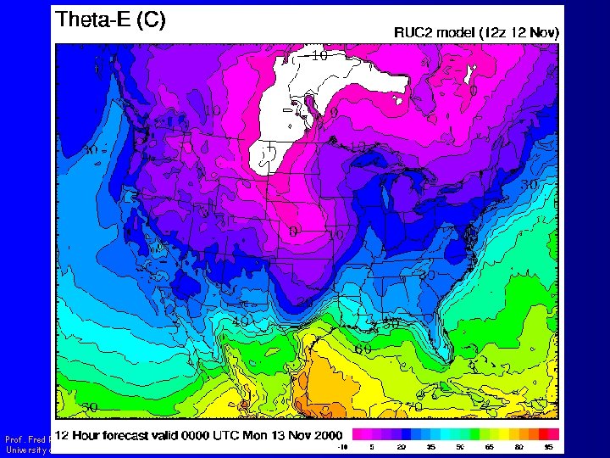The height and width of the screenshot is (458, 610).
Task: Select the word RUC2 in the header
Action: pyautogui.click(x=415, y=33)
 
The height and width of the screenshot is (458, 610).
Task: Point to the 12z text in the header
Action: pyautogui.click(x=495, y=33)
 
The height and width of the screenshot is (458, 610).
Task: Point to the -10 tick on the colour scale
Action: pyautogui.click(x=342, y=446)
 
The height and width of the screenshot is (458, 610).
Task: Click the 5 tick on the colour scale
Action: pyautogui.click(x=371, y=446)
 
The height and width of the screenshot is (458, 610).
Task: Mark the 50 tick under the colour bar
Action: pyautogui.click(x=459, y=446)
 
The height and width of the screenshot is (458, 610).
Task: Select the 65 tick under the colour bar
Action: pyautogui.click(x=489, y=446)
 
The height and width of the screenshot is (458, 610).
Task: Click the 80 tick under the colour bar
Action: pyautogui.click(x=518, y=446)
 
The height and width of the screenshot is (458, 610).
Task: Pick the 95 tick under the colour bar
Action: pyautogui.click(x=548, y=446)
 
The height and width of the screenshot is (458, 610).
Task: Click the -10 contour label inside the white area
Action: pyautogui.click(x=318, y=57)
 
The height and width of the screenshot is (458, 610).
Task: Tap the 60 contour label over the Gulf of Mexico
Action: pyautogui.click(x=363, y=349)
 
